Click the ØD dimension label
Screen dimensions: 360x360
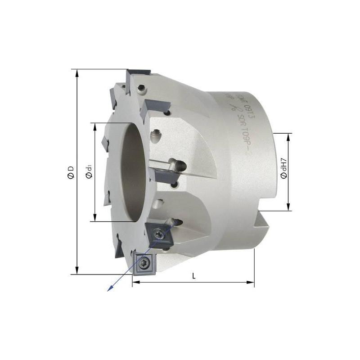pyautogui.click(x=71, y=171)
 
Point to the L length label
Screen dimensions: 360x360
pyautogui.click(x=194, y=276)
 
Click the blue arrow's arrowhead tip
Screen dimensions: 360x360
pyautogui.click(x=107, y=291)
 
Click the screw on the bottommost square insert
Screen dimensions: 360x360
pyautogui.click(x=144, y=262)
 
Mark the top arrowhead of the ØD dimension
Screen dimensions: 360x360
pyautogui.click(x=77, y=71)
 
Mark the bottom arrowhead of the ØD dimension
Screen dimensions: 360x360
pyautogui.click(x=77, y=272)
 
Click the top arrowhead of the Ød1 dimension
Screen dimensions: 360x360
pyautogui.click(x=95, y=125)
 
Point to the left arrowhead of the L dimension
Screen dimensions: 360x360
pyautogui.click(x=135, y=282)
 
